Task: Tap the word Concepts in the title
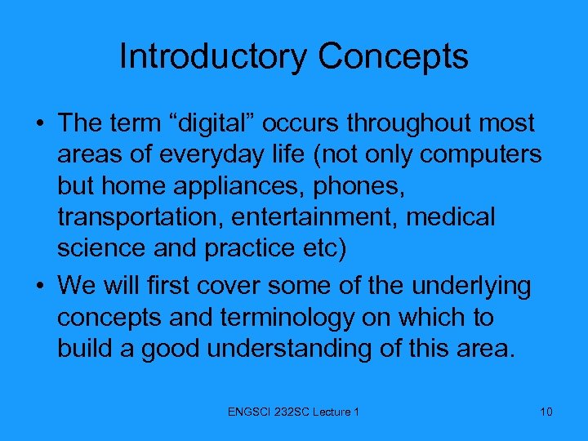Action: point(393,57)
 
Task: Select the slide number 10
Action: point(546,412)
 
